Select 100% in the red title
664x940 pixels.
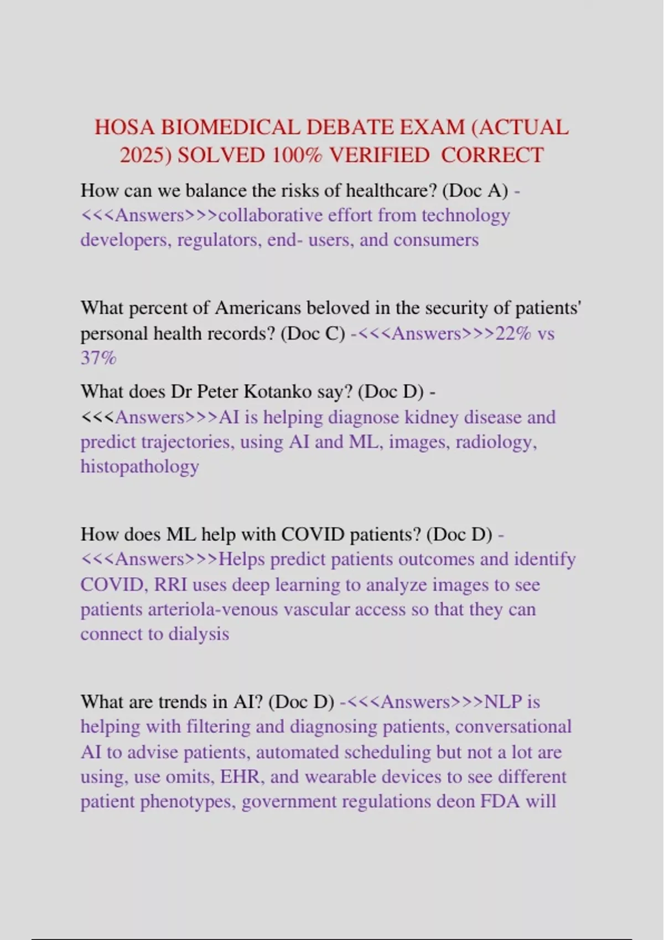coord(297,155)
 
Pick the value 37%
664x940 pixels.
coord(98,358)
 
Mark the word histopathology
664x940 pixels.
coord(139,467)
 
